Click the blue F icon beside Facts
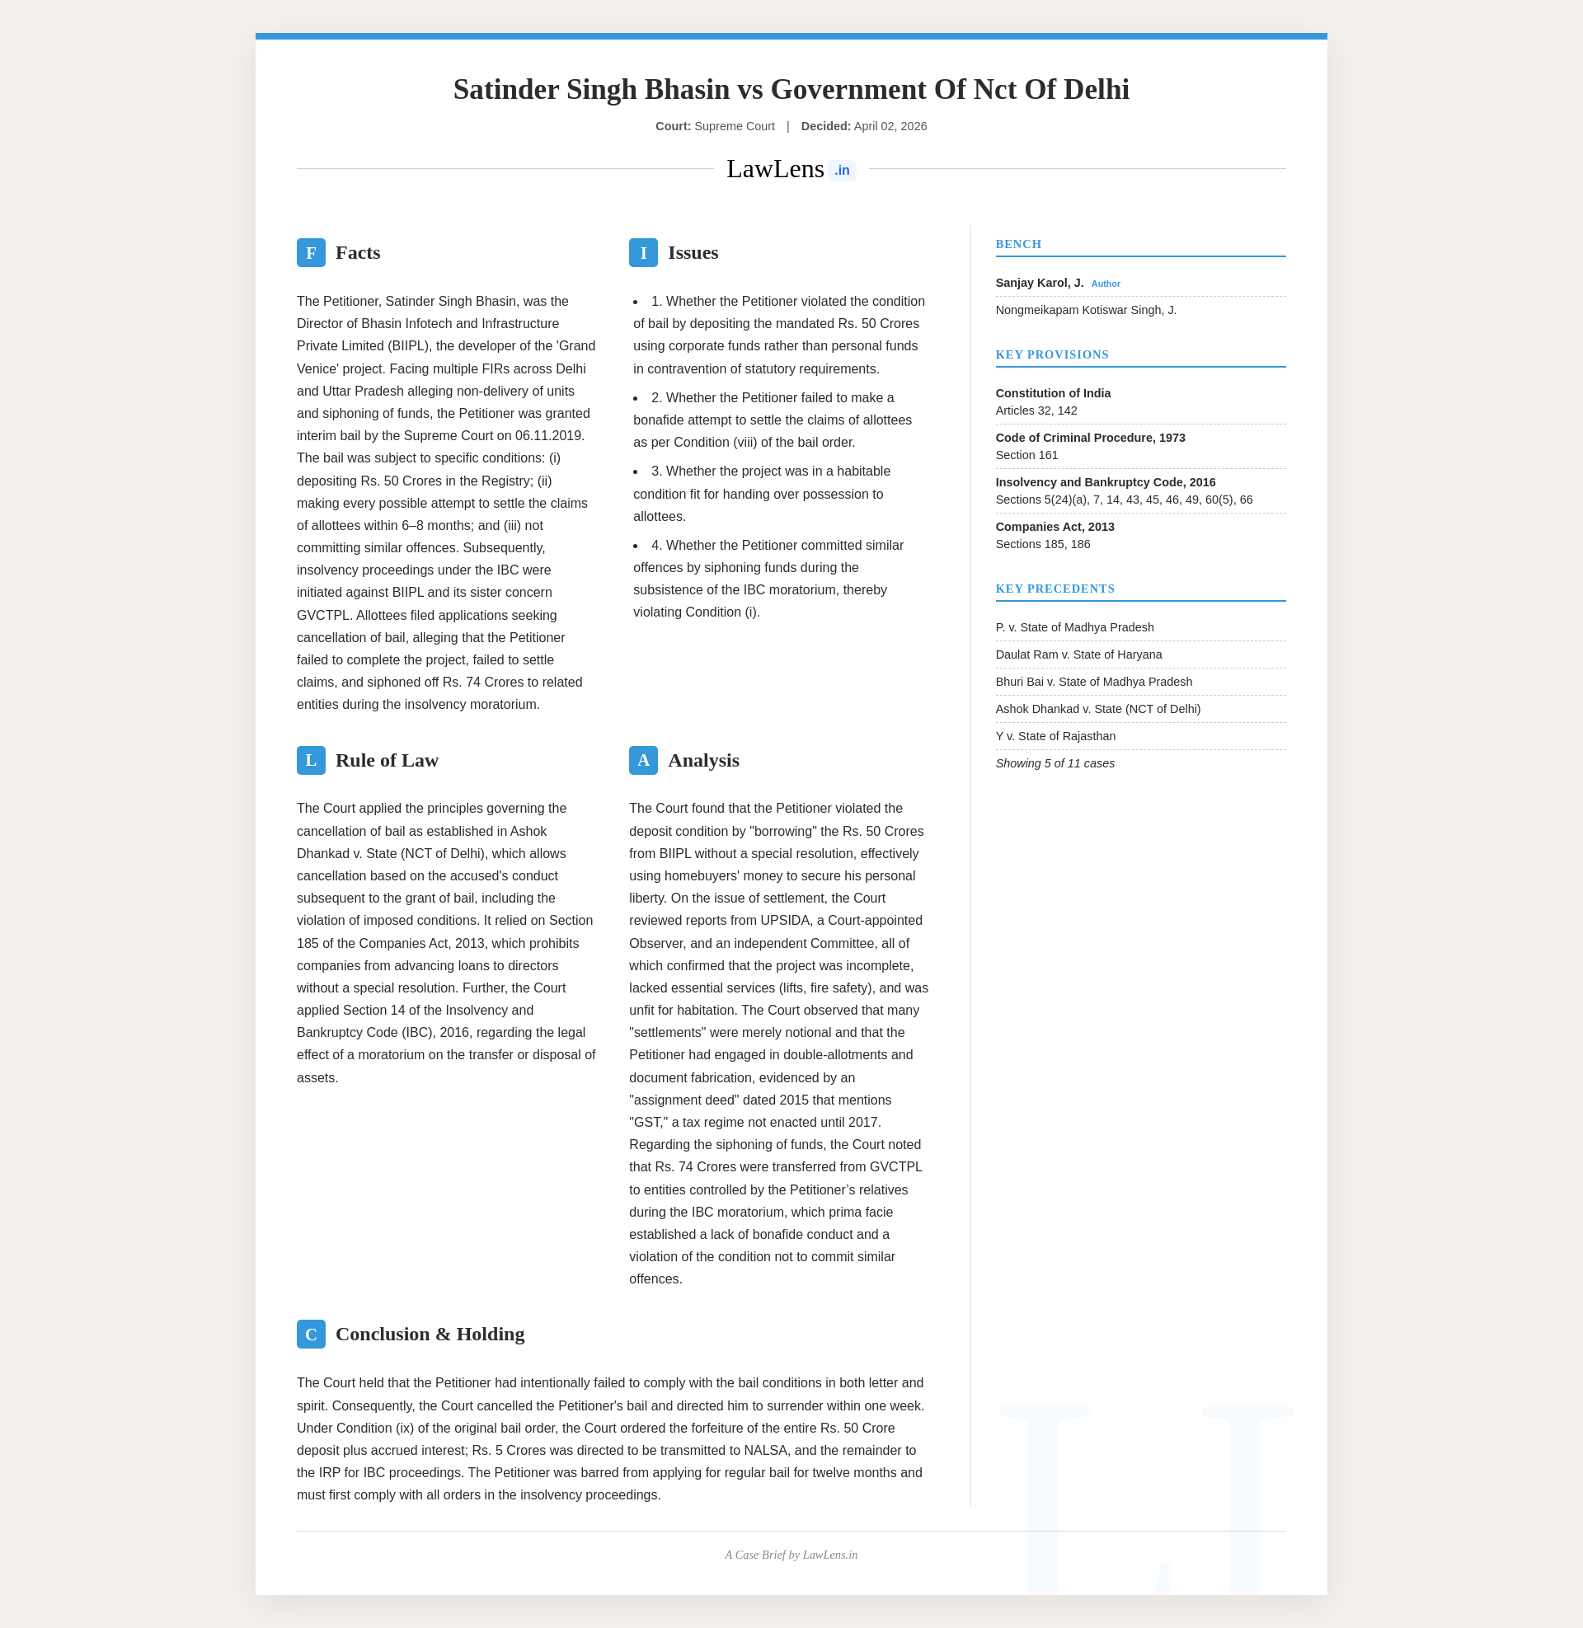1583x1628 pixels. [x=311, y=252]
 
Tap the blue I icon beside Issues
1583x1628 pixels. [x=642, y=252]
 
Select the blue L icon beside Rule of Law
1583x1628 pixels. [x=311, y=760]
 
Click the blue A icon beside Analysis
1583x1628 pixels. [x=642, y=760]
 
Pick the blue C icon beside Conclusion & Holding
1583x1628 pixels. [x=311, y=1334]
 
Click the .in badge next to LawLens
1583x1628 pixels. [x=842, y=171]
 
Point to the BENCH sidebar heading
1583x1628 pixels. [x=1018, y=244]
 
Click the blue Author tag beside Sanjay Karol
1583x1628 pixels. [x=1105, y=284]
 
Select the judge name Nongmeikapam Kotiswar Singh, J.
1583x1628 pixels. [x=1086, y=310]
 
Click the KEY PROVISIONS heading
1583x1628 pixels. [x=1052, y=354]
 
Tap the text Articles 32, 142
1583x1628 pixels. [x=1036, y=411]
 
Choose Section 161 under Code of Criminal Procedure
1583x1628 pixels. [x=1026, y=455]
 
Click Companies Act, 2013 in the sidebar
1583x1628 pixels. [x=1055, y=527]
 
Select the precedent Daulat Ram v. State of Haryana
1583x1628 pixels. [x=1078, y=654]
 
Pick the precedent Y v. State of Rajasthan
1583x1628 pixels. [x=1055, y=736]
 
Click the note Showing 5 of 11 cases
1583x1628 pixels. [x=1055, y=764]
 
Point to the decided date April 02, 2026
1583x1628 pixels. [x=890, y=126]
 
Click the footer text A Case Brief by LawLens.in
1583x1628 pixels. [x=791, y=1555]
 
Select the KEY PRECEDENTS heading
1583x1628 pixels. [x=1055, y=589]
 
